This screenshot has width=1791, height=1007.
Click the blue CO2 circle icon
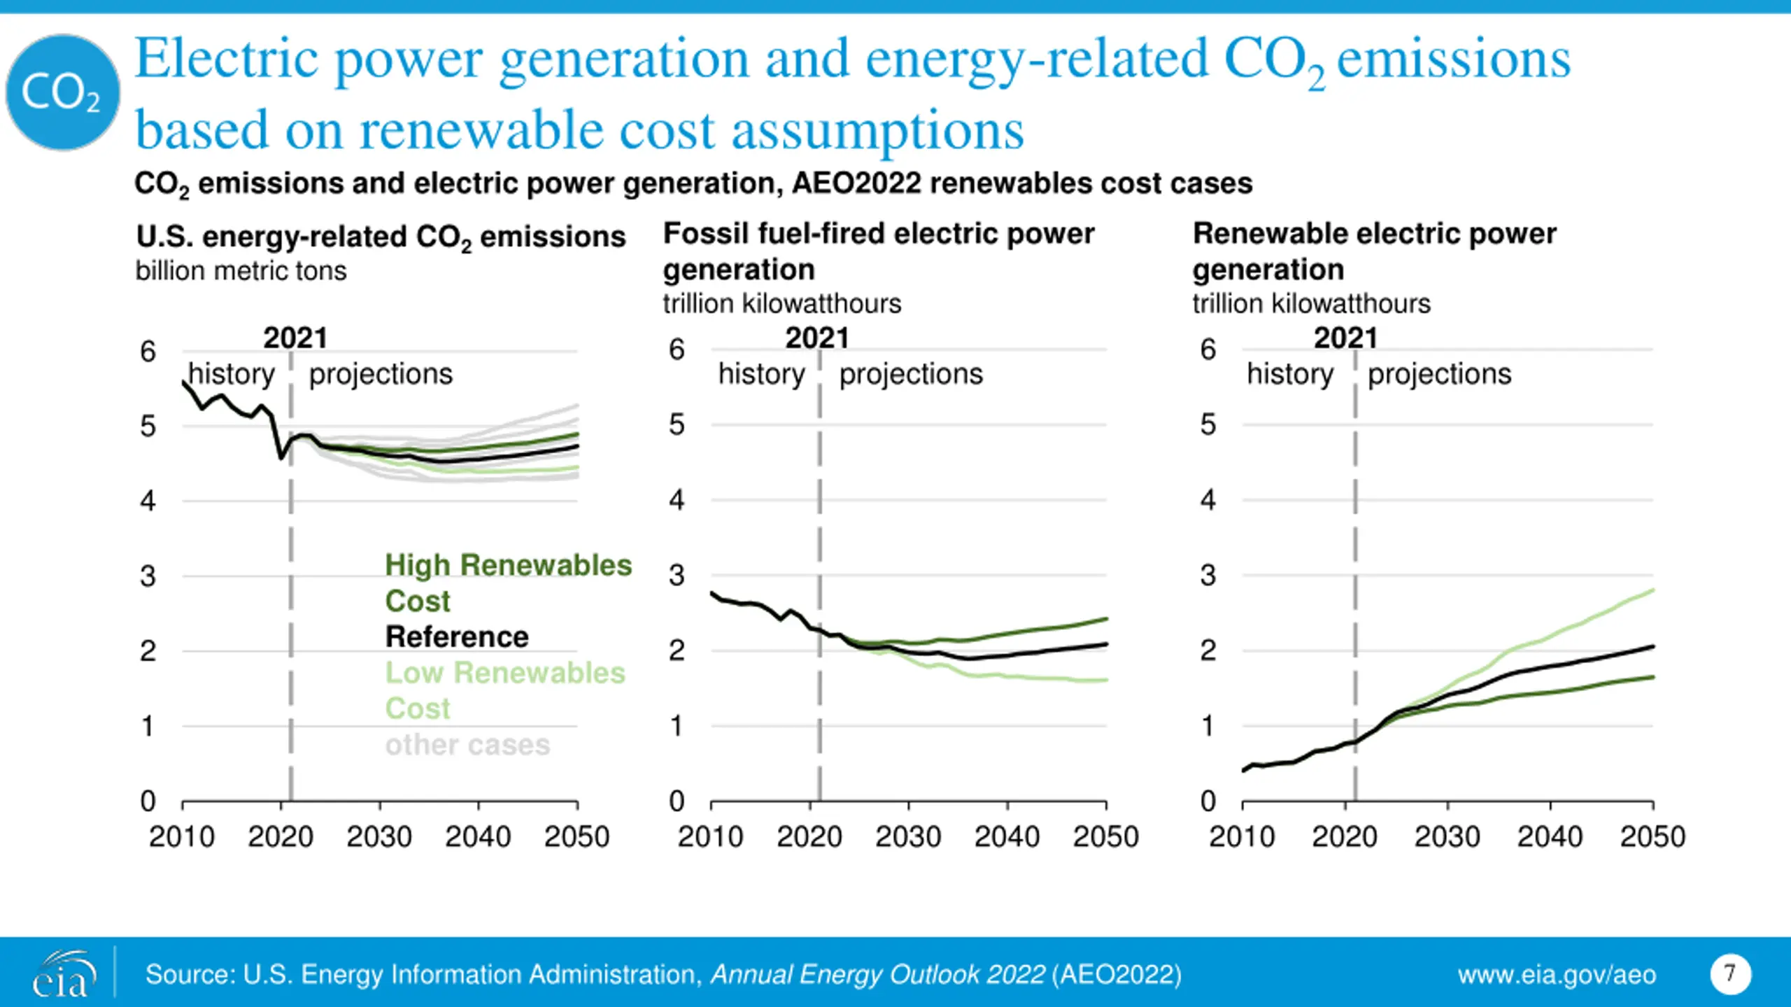[63, 92]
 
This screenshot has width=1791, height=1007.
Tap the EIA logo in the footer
[62, 973]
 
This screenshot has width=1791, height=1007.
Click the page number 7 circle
[1730, 973]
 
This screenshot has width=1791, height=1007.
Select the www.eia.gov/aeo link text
[1557, 975]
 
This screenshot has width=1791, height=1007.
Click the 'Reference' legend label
[457, 637]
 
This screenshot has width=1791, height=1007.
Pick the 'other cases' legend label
[467, 745]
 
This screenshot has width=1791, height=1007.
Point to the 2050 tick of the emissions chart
[577, 836]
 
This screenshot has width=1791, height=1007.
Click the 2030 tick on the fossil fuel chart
[908, 836]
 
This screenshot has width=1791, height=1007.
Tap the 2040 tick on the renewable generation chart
[1550, 836]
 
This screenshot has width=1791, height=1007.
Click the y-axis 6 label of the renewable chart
[1208, 350]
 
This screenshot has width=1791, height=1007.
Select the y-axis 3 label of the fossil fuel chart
[677, 576]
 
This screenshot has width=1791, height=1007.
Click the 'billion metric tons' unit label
[241, 271]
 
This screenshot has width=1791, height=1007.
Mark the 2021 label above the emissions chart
[295, 338]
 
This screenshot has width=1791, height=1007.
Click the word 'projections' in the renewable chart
[1440, 374]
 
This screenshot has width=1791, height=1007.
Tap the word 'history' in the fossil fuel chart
[761, 374]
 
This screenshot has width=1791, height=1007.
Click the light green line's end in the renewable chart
[1652, 590]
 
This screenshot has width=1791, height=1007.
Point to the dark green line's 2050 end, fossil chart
[1106, 619]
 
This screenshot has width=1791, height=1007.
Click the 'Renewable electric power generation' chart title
[1374, 251]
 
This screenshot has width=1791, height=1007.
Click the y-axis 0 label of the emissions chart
[148, 801]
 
